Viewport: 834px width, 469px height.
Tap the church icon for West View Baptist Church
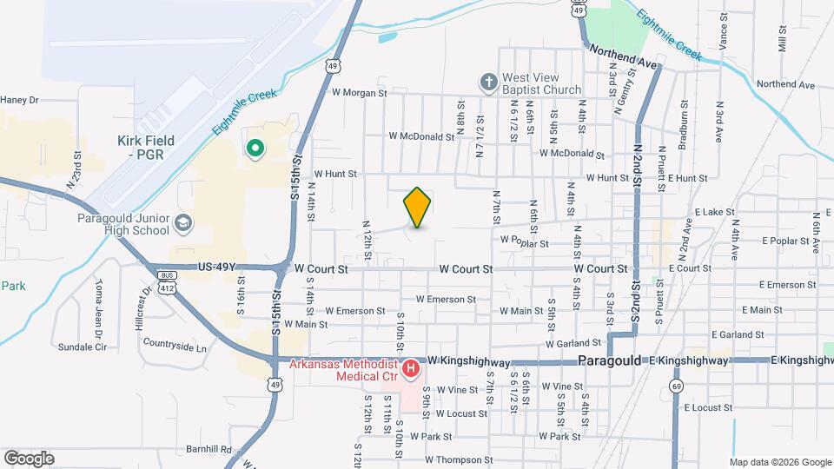tap(489, 83)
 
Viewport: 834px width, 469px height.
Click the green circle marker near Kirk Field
tap(255, 149)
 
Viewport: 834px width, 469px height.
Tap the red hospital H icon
tap(411, 370)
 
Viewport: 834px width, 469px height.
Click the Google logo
tap(29, 458)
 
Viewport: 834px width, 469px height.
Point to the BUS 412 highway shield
tap(167, 280)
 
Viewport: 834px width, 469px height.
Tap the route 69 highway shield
tap(677, 385)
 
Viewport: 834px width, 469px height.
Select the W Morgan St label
tap(358, 93)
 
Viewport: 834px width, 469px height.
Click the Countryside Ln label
tap(175, 347)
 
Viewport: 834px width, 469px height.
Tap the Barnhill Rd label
tap(208, 450)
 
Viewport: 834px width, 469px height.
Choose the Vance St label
tap(724, 30)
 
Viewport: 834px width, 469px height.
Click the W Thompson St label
tap(459, 460)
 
